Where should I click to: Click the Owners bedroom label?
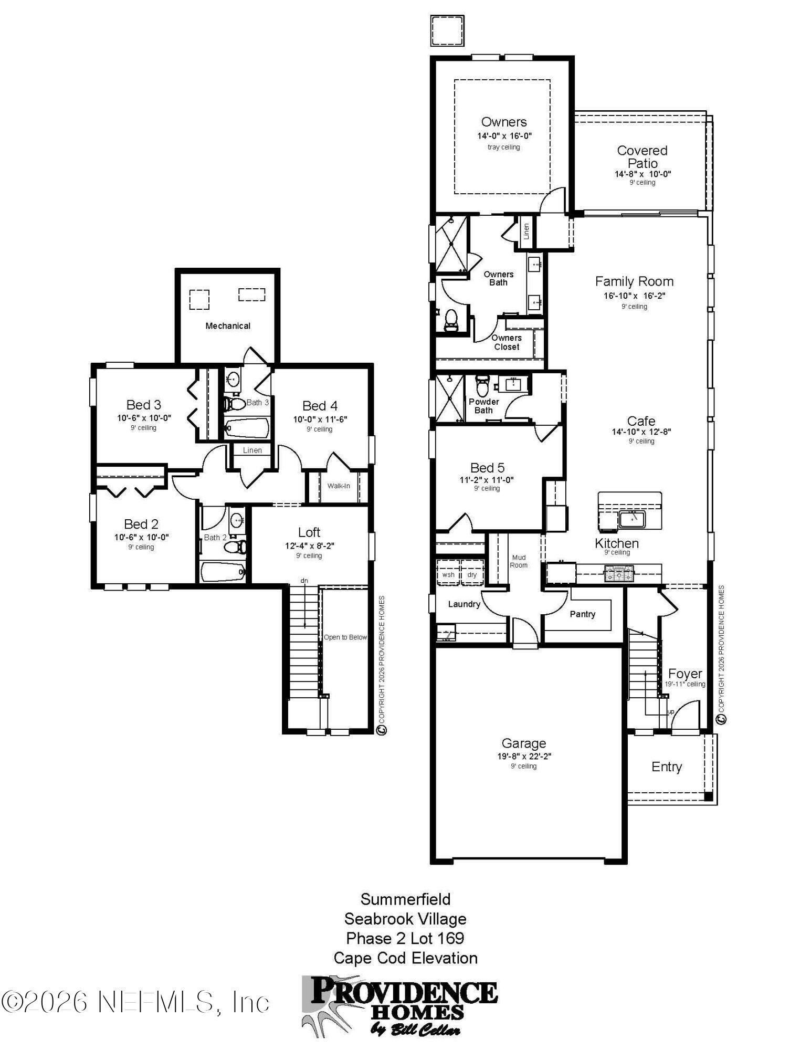503,122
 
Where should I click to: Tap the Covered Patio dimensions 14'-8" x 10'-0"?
643,174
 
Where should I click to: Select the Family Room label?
634,281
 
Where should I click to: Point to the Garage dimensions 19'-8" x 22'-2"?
523,757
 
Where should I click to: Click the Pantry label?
582,614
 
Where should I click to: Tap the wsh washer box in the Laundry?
448,574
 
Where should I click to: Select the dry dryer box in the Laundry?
472,574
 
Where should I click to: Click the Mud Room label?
518,561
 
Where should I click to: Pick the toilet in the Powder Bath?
481,385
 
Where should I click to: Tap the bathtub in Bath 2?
223,571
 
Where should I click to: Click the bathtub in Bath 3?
246,427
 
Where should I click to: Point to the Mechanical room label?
227,325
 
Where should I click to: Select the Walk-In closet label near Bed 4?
338,486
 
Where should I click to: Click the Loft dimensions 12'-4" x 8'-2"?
309,545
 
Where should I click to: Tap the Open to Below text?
345,637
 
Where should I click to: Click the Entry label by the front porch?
666,766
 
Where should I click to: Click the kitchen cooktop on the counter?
619,573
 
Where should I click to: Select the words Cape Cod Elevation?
405,958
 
